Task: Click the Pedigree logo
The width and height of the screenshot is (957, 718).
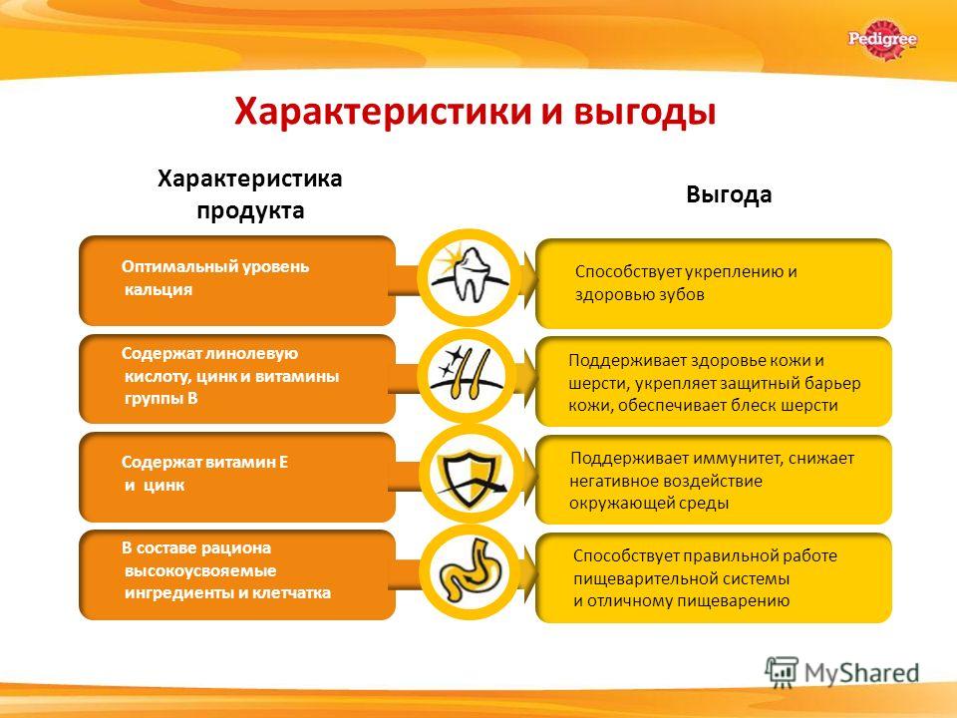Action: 882,40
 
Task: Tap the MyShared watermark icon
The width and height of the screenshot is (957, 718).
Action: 782,672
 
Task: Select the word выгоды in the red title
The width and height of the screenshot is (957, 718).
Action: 645,113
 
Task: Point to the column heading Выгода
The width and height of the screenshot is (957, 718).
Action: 729,194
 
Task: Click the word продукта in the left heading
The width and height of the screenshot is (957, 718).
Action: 250,210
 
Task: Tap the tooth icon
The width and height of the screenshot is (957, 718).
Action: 469,275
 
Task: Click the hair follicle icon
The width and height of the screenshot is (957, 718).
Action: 468,374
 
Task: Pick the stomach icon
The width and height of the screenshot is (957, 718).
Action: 469,571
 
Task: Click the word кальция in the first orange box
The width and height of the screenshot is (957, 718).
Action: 159,289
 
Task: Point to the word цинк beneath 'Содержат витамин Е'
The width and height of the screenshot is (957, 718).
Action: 164,486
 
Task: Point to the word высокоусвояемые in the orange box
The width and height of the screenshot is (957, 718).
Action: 200,570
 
